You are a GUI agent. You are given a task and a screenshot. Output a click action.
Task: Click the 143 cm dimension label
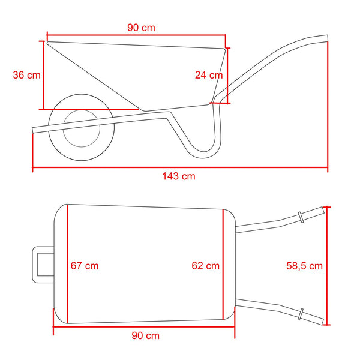click(179, 176)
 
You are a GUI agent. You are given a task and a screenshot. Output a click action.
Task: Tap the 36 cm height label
click(26, 75)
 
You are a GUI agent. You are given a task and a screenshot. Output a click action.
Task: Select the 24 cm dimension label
click(209, 75)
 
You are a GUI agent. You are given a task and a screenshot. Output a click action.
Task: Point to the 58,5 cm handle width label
click(304, 266)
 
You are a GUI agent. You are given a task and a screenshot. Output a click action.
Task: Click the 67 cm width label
click(85, 266)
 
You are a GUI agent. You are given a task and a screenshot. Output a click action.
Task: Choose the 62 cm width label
click(205, 266)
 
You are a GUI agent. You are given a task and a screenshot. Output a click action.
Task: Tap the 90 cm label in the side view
click(141, 28)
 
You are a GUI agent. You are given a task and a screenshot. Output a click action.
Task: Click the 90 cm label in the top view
click(146, 335)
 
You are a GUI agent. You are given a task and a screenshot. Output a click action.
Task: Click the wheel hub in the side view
click(82, 128)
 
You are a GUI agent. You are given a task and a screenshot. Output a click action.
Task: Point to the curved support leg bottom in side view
click(203, 155)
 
